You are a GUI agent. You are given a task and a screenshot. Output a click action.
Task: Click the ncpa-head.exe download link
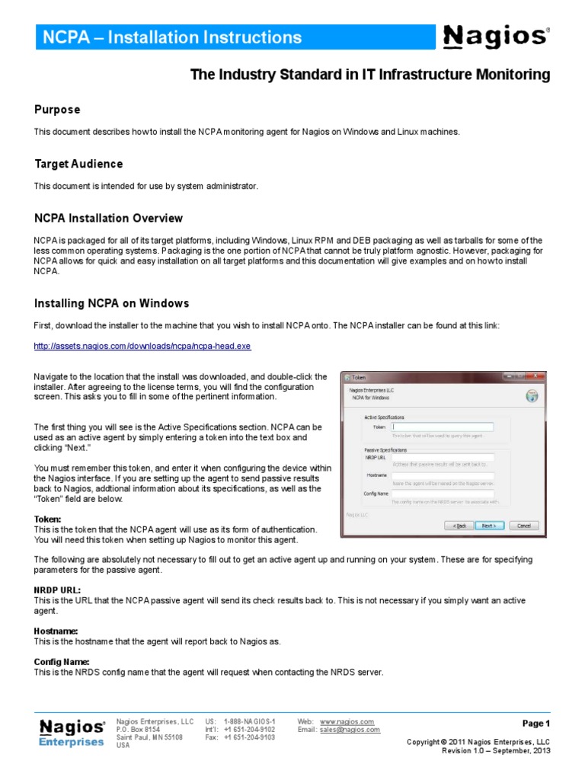142,346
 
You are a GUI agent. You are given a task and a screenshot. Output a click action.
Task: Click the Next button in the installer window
489,526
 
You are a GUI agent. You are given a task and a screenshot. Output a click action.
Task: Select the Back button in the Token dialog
459,526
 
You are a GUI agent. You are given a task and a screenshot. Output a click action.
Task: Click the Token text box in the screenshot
442,427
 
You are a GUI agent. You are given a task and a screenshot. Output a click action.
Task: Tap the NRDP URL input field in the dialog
442,457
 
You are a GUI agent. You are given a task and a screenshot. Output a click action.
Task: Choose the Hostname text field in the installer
442,476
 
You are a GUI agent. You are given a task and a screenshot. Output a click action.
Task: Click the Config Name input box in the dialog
442,494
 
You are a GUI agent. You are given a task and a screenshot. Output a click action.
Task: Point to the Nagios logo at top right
495,36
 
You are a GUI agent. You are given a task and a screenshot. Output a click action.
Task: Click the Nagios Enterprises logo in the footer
72,732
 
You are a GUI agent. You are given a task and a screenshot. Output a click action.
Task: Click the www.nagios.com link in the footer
347,721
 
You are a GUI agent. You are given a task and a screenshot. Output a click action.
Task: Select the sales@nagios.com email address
350,730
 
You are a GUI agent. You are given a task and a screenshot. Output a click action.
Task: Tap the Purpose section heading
57,110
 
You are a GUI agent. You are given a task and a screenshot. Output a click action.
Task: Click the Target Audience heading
78,164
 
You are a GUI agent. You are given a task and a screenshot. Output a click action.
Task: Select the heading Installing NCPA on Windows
111,303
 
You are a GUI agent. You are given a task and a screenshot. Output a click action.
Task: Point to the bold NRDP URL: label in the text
57,590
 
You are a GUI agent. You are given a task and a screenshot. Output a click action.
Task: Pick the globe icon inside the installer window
532,396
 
